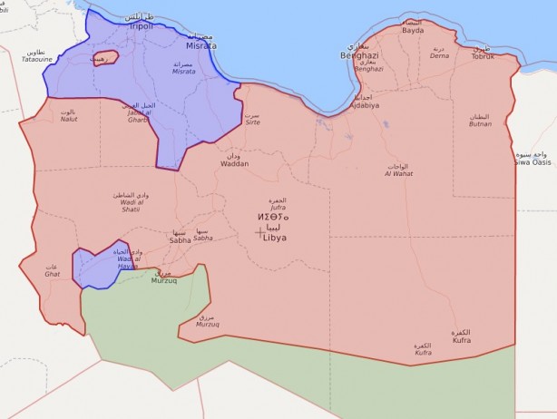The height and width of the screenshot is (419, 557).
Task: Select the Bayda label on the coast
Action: [413, 30]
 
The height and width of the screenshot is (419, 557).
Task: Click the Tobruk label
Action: [483, 56]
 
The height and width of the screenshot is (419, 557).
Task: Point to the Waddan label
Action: [233, 163]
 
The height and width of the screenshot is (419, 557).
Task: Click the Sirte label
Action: [252, 122]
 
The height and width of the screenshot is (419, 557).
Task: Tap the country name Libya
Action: [275, 237]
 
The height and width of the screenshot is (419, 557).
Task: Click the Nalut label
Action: [68, 119]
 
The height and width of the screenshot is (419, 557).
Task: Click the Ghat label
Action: [53, 273]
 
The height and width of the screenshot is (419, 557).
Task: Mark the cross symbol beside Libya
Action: [259, 232]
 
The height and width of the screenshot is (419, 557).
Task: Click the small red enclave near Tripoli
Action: [103, 59]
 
